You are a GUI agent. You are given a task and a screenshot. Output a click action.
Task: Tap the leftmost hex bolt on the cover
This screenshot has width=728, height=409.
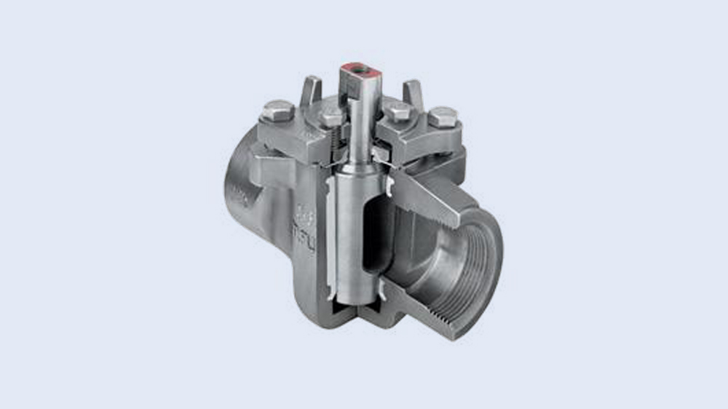[277, 111]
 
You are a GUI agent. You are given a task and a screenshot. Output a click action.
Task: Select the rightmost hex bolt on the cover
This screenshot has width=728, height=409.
[443, 116]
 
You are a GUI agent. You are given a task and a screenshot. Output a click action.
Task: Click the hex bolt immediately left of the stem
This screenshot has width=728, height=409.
[332, 114]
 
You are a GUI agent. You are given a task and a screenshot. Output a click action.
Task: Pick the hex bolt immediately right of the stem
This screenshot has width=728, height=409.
[397, 111]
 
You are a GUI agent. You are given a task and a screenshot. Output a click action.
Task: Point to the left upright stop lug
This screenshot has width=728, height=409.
[311, 90]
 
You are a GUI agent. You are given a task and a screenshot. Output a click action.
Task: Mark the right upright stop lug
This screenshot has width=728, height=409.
[413, 92]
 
